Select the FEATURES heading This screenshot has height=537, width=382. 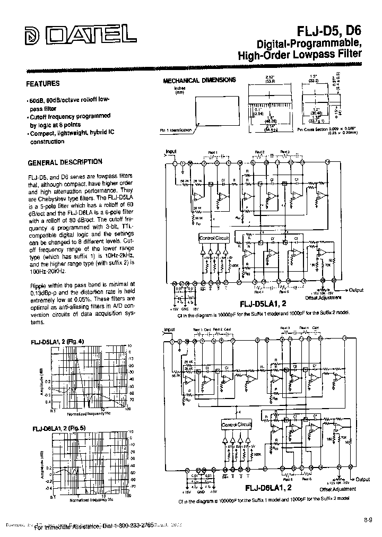coord(43,83)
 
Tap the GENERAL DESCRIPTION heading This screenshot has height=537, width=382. coord(65,162)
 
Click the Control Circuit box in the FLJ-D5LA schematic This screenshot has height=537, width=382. coord(214,238)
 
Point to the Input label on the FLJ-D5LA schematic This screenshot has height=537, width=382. coord(171,152)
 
